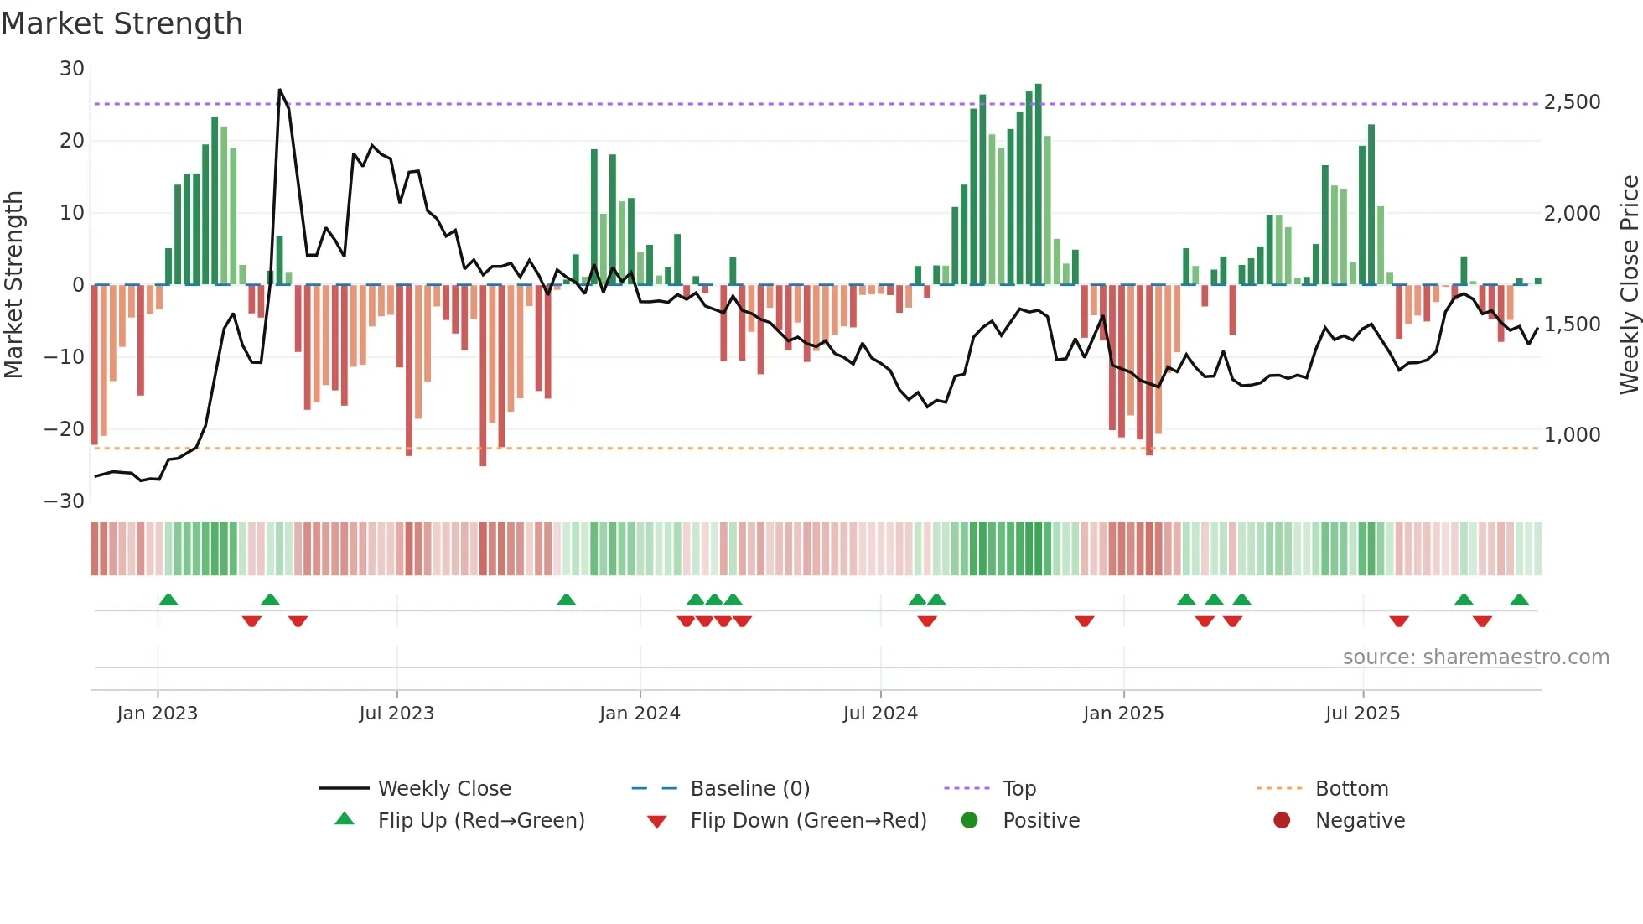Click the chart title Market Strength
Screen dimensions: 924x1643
pyautogui.click(x=122, y=23)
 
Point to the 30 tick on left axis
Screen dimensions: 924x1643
pyautogui.click(x=72, y=69)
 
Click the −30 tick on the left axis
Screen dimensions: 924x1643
pyautogui.click(x=65, y=501)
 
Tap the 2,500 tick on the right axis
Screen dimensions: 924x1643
pyautogui.click(x=1572, y=102)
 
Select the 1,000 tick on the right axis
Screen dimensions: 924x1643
pyautogui.click(x=1572, y=435)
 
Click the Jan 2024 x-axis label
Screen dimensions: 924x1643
pyautogui.click(x=640, y=714)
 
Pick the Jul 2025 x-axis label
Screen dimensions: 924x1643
pyautogui.click(x=1362, y=714)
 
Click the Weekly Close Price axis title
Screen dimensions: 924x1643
pyautogui.click(x=1629, y=285)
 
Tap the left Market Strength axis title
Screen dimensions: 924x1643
pyautogui.click(x=14, y=285)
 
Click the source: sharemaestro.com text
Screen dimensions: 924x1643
pyautogui.click(x=1475, y=657)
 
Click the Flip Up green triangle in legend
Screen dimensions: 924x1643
pyautogui.click(x=345, y=819)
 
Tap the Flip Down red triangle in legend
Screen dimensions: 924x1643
pyautogui.click(x=657, y=822)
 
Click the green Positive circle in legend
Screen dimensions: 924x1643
pyautogui.click(x=970, y=820)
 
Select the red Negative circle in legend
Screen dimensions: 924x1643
pyautogui.click(x=1282, y=820)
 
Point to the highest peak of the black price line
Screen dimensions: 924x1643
pyautogui.click(x=280, y=90)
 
